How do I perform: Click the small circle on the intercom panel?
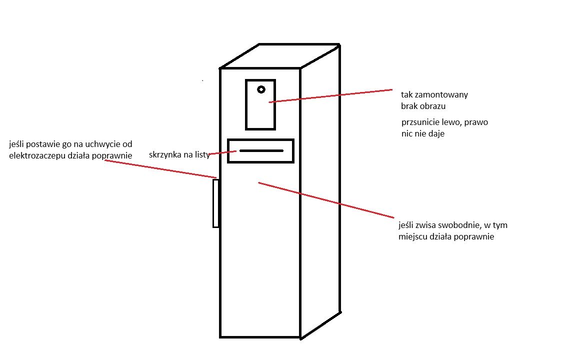[x=261, y=89]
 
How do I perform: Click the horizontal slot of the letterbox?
[x=261, y=150]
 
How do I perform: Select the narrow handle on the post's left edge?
[x=216, y=203]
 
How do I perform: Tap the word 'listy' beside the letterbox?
[x=202, y=154]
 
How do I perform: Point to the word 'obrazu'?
[x=434, y=106]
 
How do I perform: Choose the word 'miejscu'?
[x=412, y=236]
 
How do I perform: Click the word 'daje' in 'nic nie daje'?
[x=436, y=133]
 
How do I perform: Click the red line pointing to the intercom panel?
[x=330, y=96]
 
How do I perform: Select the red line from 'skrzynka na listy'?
[x=222, y=153]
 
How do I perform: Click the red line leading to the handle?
[x=160, y=169]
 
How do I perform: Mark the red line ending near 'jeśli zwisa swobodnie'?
[x=326, y=200]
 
